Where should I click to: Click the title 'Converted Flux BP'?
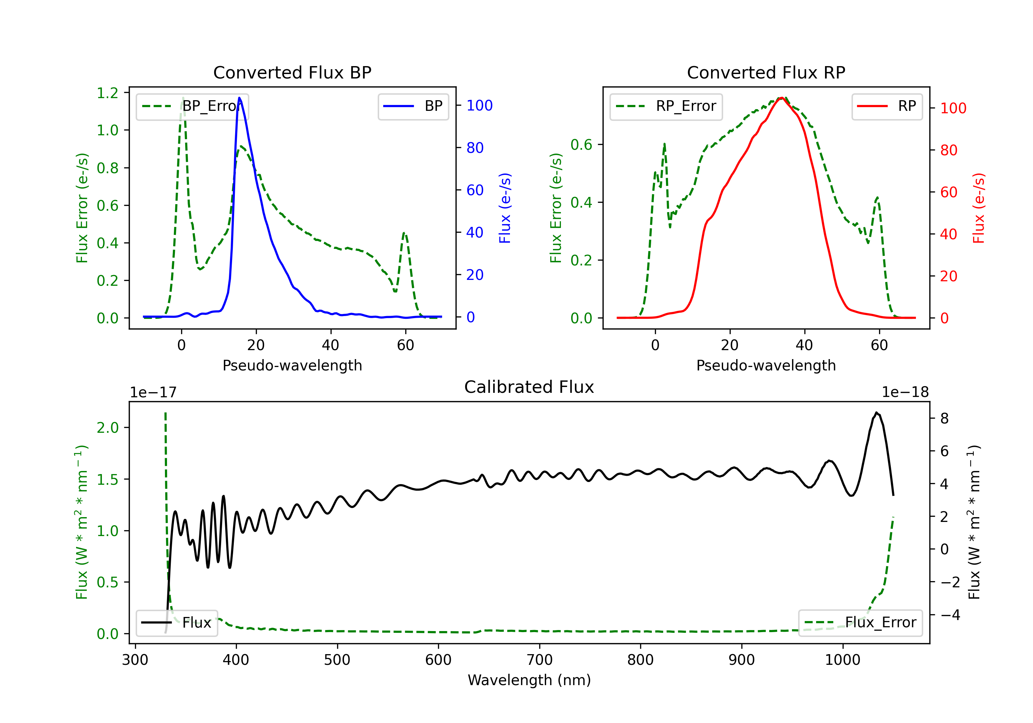click(x=292, y=72)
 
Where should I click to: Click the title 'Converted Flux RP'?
click(x=766, y=72)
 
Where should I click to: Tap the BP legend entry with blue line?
click(x=413, y=106)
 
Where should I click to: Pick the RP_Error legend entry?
click(x=666, y=106)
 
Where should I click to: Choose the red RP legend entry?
click(x=886, y=106)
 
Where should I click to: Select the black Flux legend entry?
click(x=176, y=623)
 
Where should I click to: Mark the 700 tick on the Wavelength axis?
click(x=540, y=660)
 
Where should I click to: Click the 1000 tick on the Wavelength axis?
click(x=843, y=660)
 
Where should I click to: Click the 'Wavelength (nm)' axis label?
click(x=529, y=680)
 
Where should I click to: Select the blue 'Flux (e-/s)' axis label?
click(x=505, y=208)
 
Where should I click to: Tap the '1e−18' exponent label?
click(x=905, y=392)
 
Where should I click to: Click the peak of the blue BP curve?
click(x=239, y=98)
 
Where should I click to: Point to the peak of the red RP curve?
click(x=782, y=98)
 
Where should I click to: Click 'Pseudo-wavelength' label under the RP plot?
click(x=766, y=365)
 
